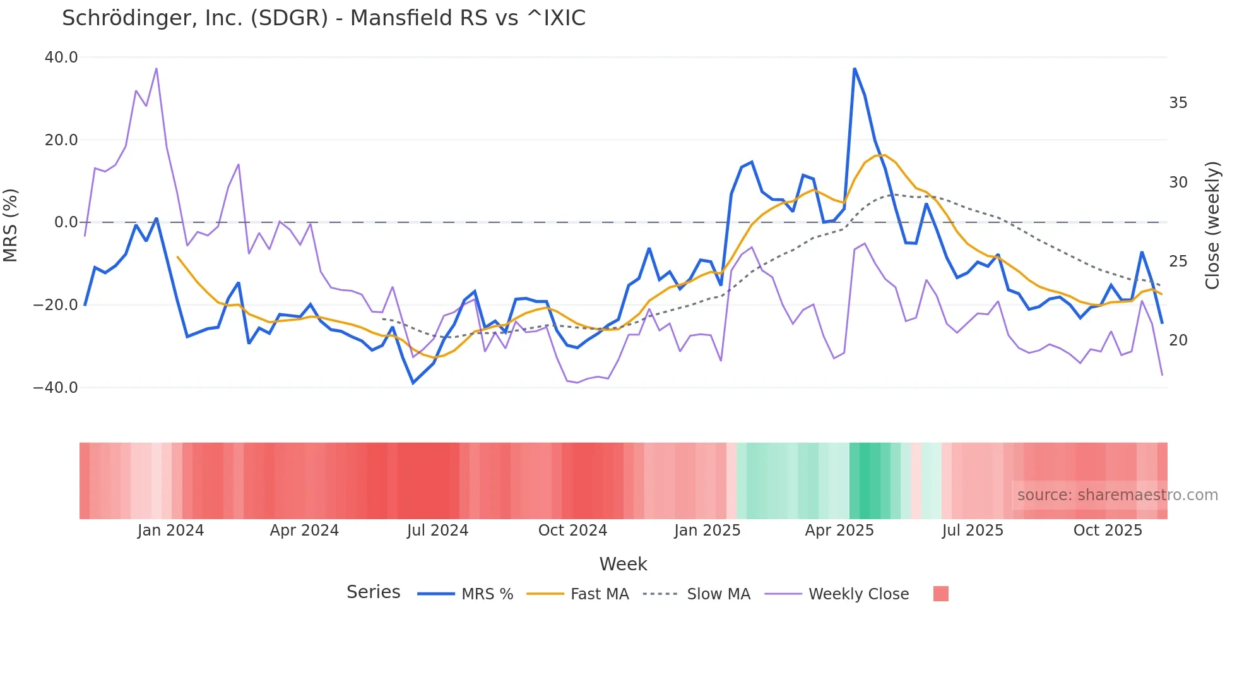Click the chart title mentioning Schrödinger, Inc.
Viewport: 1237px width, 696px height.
pos(323,18)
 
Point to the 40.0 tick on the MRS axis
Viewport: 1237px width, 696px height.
pos(61,57)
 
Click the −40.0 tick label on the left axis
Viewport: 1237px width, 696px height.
pos(56,388)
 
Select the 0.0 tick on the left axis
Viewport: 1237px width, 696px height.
pos(66,222)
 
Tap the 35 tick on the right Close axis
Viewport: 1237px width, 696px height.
pos(1178,103)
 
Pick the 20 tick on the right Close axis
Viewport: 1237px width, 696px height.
pos(1178,340)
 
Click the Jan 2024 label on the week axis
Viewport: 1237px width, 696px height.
pos(170,531)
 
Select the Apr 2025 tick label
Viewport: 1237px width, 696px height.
pos(839,531)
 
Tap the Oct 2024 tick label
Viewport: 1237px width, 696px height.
pos(572,531)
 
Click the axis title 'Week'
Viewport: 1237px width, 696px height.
pos(623,564)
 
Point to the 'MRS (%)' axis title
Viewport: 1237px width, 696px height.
pos(11,225)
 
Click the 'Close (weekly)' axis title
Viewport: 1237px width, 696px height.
pos(1212,225)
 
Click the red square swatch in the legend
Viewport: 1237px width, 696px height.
pos(940,594)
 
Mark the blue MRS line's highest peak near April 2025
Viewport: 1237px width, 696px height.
pos(855,69)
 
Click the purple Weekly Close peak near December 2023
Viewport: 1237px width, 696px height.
pos(156,68)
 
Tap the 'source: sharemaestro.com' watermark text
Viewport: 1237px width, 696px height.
pos(1117,495)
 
